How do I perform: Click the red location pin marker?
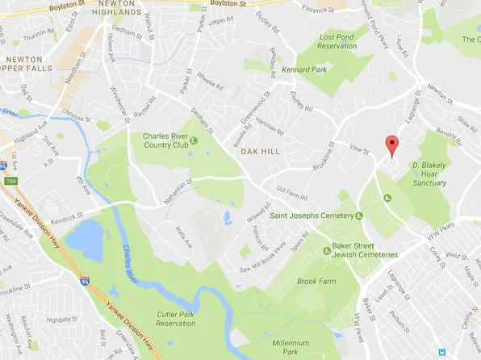392,146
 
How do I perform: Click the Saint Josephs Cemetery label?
312,216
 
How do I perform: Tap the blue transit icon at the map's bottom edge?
443,352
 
